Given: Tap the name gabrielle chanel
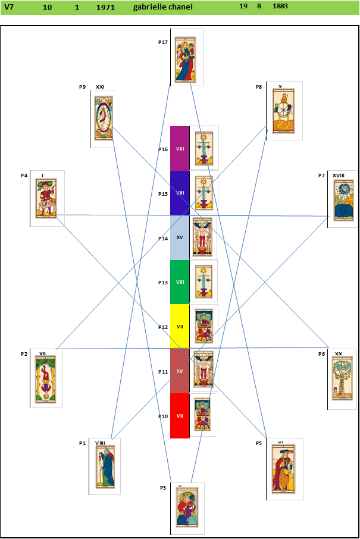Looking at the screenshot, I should (163, 7).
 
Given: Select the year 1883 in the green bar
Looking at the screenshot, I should (280, 6).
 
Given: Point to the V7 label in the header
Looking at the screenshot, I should (9, 7).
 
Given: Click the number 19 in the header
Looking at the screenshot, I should (243, 6).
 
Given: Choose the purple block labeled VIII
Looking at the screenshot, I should (180, 148).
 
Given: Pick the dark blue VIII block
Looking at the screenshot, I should (180, 193).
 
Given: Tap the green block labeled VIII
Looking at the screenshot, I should (180, 282).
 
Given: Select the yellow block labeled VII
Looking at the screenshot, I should (180, 326).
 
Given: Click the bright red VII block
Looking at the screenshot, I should (180, 415).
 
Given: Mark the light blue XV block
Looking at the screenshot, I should (180, 237).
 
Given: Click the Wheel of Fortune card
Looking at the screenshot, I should (284, 110).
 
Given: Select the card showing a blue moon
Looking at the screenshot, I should (344, 200).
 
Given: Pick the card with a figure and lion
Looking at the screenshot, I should (284, 468).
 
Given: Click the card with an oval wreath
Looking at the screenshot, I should (104, 118).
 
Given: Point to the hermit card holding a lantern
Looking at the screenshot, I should (105, 466).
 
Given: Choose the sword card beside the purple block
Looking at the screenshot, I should (204, 148).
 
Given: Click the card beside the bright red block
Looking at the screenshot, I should (203, 414).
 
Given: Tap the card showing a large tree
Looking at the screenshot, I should (342, 378).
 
